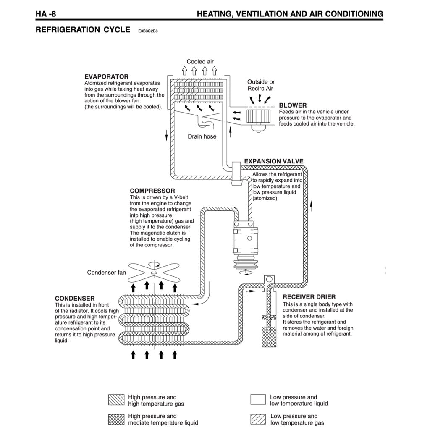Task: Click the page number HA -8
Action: [46, 14]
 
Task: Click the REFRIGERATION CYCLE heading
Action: [83, 30]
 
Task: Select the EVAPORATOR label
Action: [106, 77]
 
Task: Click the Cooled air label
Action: [200, 62]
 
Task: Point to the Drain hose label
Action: [202, 136]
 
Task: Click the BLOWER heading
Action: [293, 105]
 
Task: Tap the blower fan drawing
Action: [259, 117]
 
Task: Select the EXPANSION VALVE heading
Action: [273, 161]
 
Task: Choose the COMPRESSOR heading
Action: [152, 191]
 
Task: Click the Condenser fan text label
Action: [106, 273]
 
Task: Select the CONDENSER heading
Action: [75, 299]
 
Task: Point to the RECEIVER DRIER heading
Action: [309, 297]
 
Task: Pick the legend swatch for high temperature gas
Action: [116, 400]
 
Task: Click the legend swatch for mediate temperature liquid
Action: [116, 419]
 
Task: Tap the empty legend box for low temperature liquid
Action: [258, 400]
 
